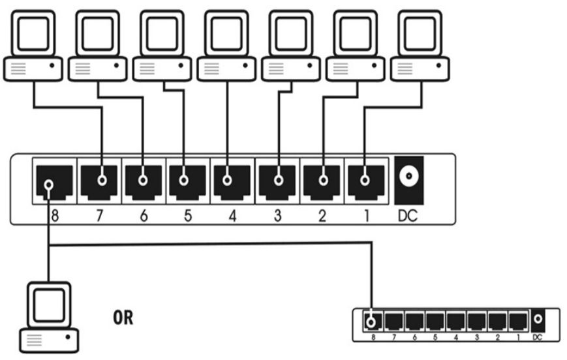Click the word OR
click(x=123, y=318)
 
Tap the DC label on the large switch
click(x=408, y=216)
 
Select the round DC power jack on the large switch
click(x=409, y=176)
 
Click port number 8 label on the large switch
click(x=55, y=216)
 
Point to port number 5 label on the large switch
click(x=188, y=216)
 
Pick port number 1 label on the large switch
click(x=366, y=216)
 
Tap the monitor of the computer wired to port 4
click(x=226, y=33)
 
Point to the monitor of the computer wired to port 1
click(x=420, y=33)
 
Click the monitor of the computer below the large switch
click(x=49, y=305)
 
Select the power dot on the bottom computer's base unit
click(x=68, y=337)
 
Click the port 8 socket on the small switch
click(x=373, y=322)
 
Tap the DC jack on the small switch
click(x=538, y=319)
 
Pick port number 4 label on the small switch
click(x=455, y=338)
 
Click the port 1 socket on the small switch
click(x=518, y=322)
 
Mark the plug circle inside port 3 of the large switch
click(x=279, y=179)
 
